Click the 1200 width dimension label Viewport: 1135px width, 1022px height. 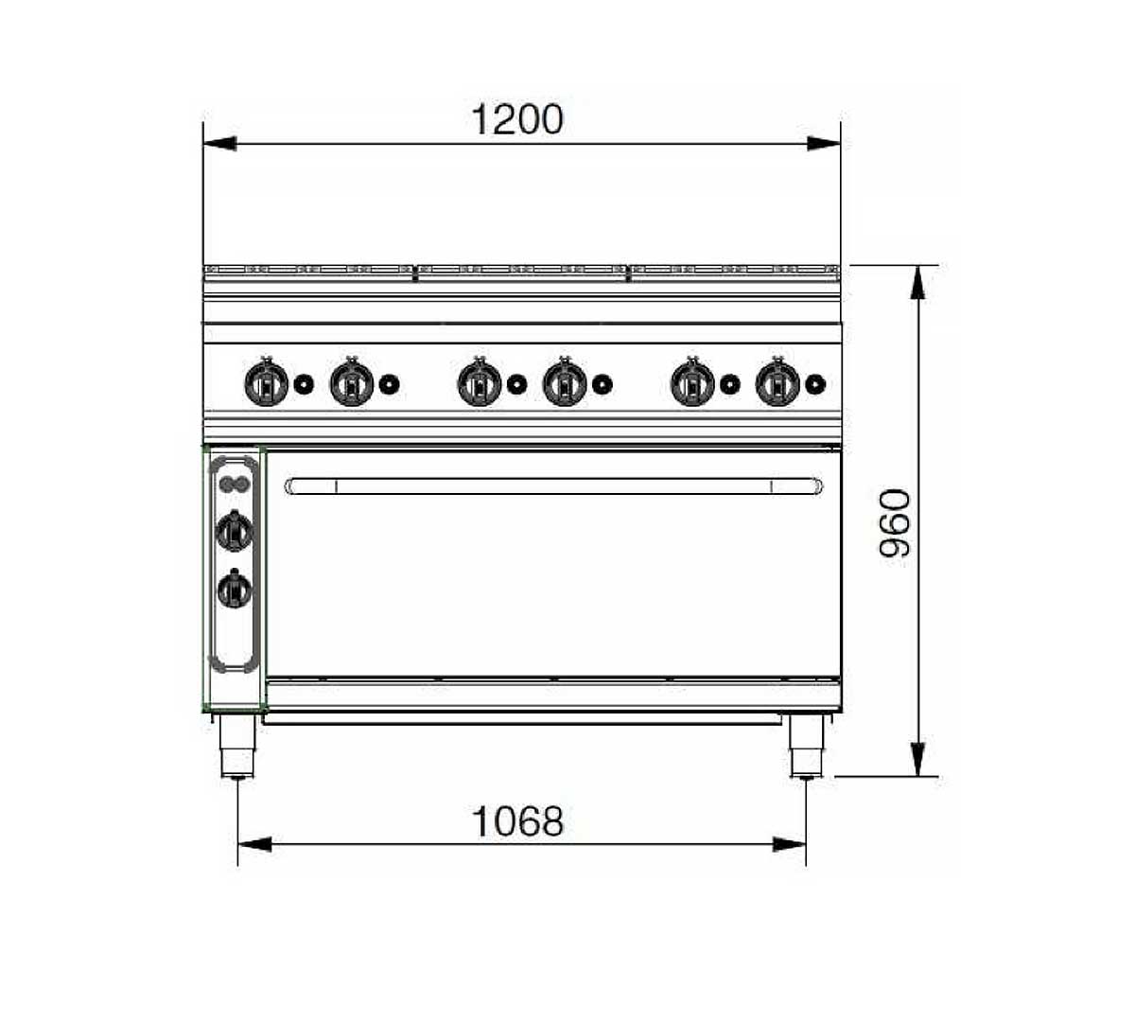[x=517, y=119]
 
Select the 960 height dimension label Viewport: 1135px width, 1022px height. [x=895, y=523]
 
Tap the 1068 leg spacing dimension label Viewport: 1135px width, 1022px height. [x=517, y=821]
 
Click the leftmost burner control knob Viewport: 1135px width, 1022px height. [x=267, y=382]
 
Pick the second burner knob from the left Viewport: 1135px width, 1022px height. [x=352, y=382]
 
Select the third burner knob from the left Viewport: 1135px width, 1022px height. [x=480, y=382]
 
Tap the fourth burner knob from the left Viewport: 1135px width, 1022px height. [x=565, y=382]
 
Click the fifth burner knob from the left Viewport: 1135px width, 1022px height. [x=692, y=382]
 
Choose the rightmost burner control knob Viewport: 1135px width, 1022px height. [x=777, y=382]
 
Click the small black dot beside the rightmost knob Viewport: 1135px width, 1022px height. [x=815, y=384]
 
